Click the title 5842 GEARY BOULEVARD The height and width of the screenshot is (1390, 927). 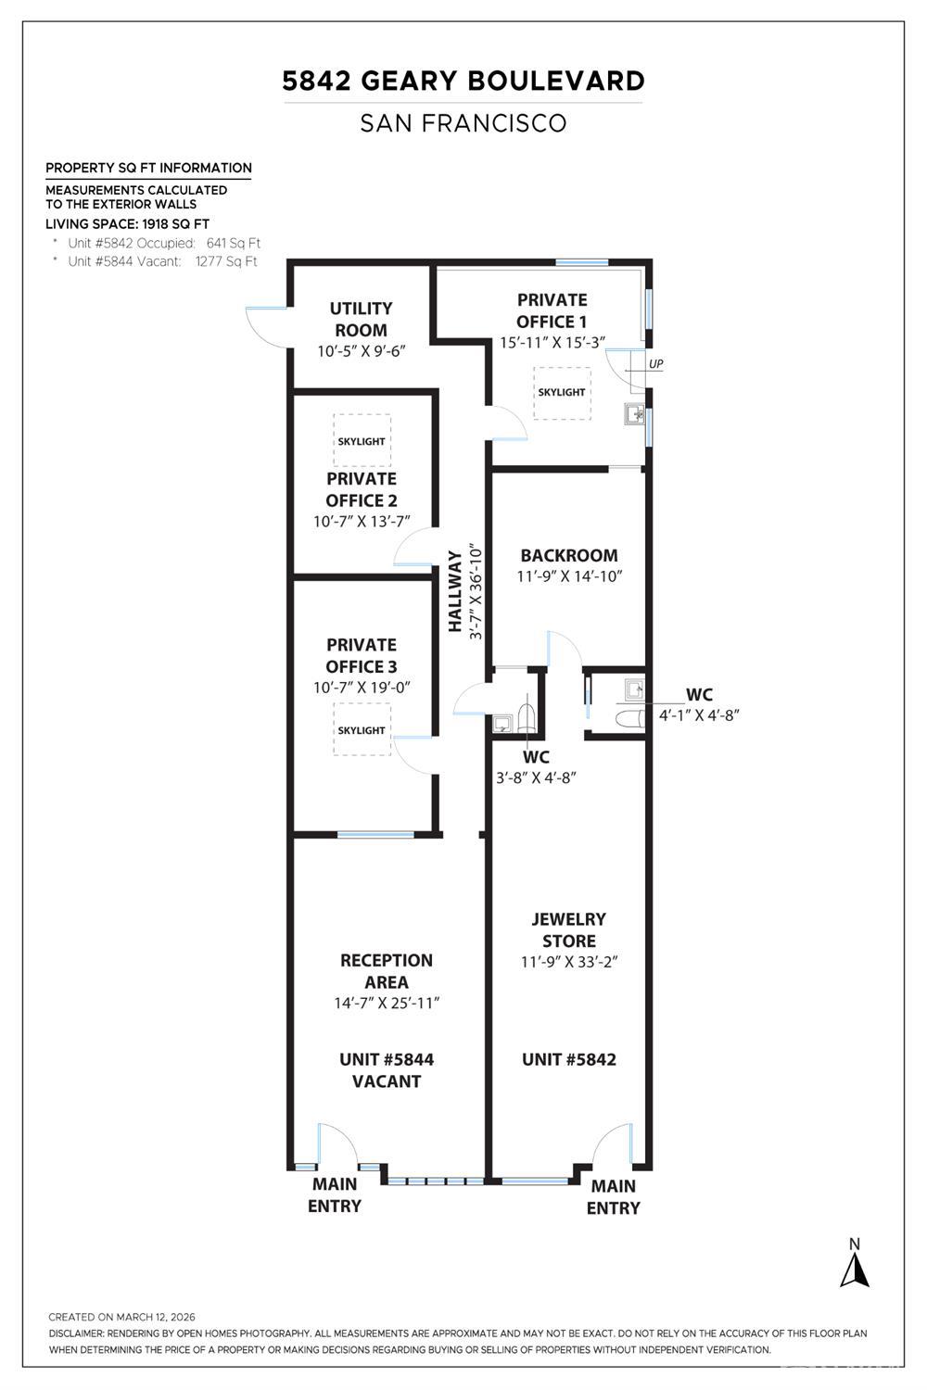coord(463,82)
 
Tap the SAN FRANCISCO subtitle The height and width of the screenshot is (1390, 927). coord(463,123)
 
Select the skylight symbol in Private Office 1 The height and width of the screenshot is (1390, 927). coord(562,393)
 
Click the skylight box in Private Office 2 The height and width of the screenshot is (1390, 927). coord(362,441)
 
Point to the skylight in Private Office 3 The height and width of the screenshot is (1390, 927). coord(362,730)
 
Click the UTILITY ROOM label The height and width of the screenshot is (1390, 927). coord(362,319)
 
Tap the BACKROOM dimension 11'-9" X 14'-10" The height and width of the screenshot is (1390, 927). coord(569,575)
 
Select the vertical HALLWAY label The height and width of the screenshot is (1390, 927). coord(455,591)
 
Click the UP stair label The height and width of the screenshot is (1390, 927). coord(656,363)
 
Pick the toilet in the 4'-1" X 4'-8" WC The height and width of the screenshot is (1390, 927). coord(629,718)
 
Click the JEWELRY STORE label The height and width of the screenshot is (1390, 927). coord(569,929)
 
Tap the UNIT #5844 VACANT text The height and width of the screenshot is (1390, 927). coord(387,1070)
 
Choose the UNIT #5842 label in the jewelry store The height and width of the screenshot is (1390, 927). coord(569,1059)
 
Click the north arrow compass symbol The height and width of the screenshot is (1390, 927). coord(855,1265)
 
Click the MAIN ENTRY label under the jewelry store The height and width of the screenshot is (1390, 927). coord(614,1197)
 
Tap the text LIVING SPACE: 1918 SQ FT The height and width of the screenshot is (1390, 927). coord(128,224)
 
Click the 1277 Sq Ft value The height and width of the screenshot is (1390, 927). coord(226,261)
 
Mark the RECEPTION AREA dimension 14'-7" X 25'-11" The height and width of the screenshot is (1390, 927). coord(387,1003)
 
